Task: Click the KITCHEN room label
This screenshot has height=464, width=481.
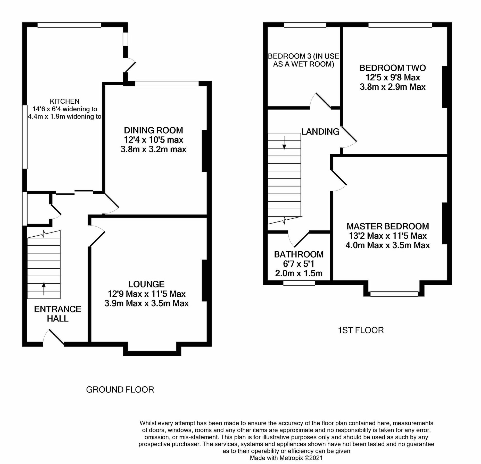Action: click(64, 101)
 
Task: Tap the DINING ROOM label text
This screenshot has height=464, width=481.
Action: click(153, 130)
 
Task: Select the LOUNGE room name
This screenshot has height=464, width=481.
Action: click(146, 284)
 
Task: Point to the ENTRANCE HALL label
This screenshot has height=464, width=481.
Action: click(57, 314)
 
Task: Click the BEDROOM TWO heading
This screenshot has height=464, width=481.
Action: click(393, 68)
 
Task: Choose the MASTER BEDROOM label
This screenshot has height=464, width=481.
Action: click(388, 226)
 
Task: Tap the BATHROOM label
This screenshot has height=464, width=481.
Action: click(299, 254)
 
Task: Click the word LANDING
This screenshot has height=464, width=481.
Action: click(320, 132)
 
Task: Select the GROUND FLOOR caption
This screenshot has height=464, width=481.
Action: click(120, 390)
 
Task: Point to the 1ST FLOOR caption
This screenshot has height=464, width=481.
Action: click(361, 330)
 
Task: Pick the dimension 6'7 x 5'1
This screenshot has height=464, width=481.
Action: click(299, 264)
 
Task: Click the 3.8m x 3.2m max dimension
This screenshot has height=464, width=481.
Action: click(153, 149)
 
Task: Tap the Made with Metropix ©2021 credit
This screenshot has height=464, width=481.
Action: click(286, 458)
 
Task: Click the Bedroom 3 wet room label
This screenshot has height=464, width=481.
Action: click(304, 60)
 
